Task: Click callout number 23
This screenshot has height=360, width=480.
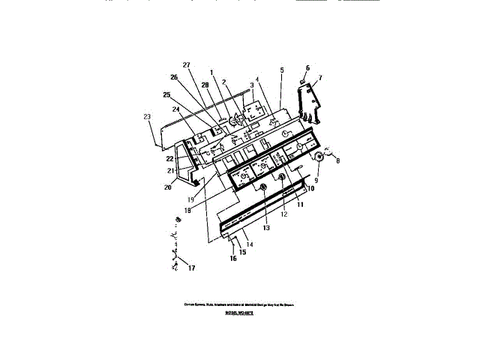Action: pos(147,116)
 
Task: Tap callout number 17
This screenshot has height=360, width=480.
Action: pos(191,268)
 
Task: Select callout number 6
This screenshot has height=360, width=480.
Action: pos(307,67)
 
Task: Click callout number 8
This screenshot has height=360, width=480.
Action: pos(337,160)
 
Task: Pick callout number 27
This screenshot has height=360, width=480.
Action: pos(187,65)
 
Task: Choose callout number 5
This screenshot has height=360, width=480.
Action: pos(281,70)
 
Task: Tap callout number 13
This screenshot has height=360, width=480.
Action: pos(265,226)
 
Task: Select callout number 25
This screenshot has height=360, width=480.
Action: pos(167,95)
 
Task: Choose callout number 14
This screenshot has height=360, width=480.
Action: pos(250,245)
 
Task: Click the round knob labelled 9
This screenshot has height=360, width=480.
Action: pos(317,157)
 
